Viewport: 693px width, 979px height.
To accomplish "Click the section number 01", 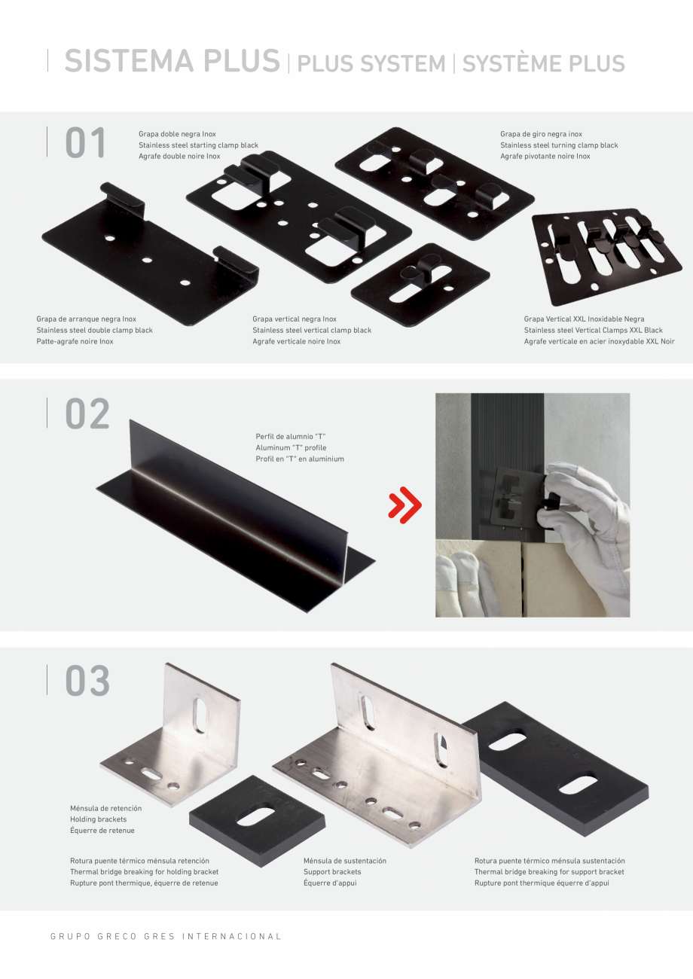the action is pyautogui.click(x=85, y=142).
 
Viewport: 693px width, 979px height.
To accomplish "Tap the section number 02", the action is pyautogui.click(x=87, y=413).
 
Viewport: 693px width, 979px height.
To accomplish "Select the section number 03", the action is pyautogui.click(x=87, y=681).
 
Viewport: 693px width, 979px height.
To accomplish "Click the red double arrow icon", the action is pyautogui.click(x=405, y=505).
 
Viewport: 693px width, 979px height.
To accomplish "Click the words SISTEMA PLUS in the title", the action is pyautogui.click(x=172, y=60).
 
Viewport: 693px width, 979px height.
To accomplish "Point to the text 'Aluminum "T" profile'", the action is pyautogui.click(x=291, y=447).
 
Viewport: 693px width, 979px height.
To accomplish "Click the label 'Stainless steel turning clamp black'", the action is pyautogui.click(x=559, y=145).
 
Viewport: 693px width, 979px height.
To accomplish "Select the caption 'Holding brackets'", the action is pyautogui.click(x=99, y=819).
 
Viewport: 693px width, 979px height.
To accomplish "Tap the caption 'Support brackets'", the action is pyautogui.click(x=332, y=871).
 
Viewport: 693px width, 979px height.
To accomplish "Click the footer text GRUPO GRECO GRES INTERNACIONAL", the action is pyautogui.click(x=166, y=936).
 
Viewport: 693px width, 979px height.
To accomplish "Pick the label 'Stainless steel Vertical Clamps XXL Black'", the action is pyautogui.click(x=594, y=330).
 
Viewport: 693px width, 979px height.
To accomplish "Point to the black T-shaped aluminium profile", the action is pyautogui.click(x=236, y=516).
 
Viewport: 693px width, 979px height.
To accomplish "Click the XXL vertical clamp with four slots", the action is pyautogui.click(x=606, y=256).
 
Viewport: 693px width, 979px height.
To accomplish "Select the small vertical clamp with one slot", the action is pyautogui.click(x=420, y=285).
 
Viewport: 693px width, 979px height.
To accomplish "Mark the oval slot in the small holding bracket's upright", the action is pyautogui.click(x=200, y=715).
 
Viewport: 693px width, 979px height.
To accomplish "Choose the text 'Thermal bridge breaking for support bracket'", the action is pyautogui.click(x=549, y=871).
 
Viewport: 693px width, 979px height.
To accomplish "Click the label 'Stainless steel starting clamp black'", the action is pyautogui.click(x=199, y=145).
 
